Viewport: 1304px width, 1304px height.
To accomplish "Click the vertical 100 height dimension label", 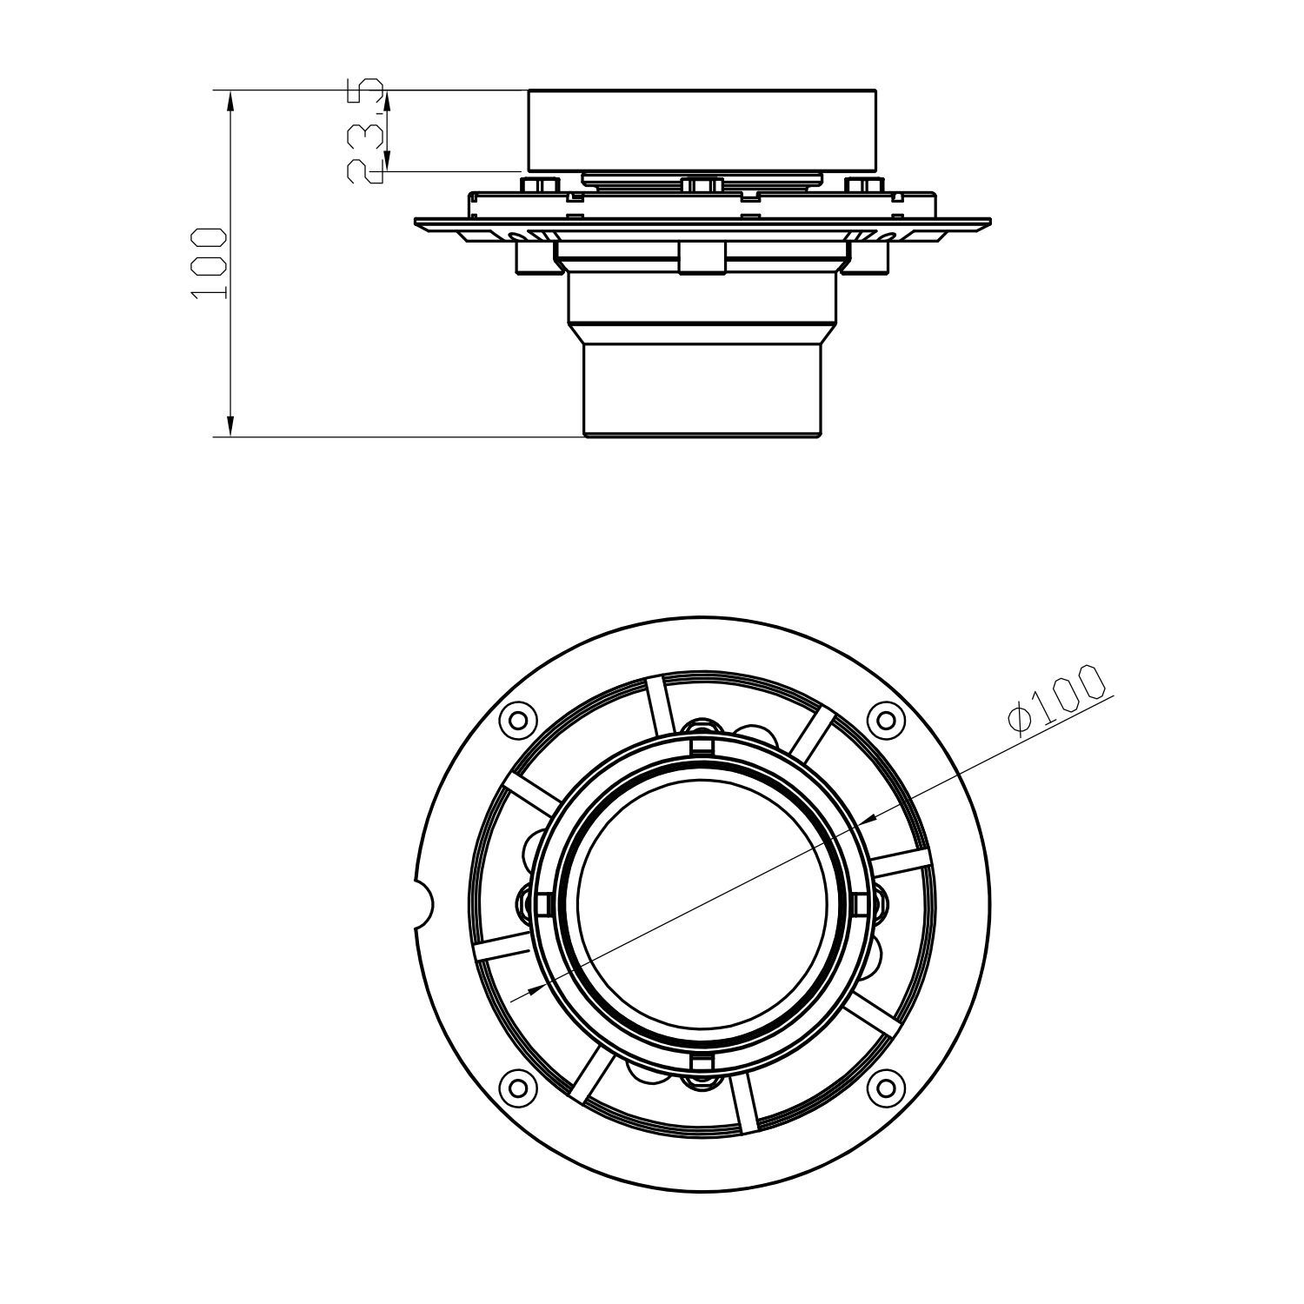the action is pyautogui.click(x=209, y=264).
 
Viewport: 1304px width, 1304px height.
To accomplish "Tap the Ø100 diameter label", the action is pyautogui.click(x=1057, y=700).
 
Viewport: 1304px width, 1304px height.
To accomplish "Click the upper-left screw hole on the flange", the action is pyautogui.click(x=518, y=720).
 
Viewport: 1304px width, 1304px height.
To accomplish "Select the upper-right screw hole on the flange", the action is pyautogui.click(x=884, y=720).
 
